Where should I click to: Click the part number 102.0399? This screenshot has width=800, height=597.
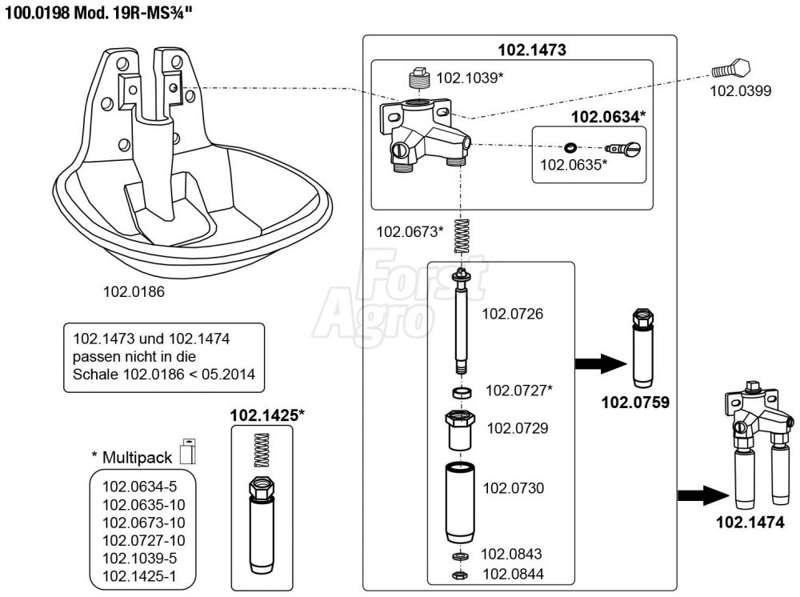click(x=741, y=91)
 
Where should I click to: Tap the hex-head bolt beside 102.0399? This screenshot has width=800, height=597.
click(x=730, y=70)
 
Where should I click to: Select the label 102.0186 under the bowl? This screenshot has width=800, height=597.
click(x=134, y=292)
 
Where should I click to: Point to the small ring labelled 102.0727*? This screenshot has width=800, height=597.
click(x=461, y=393)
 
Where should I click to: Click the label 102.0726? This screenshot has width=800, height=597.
click(x=512, y=315)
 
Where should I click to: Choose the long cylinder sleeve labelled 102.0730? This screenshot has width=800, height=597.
click(x=461, y=500)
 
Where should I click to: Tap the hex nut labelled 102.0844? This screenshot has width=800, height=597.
click(x=461, y=575)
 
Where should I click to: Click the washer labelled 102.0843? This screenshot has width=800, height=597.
click(x=461, y=556)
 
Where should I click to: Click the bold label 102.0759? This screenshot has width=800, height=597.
click(x=635, y=403)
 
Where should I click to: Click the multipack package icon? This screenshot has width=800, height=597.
click(x=189, y=451)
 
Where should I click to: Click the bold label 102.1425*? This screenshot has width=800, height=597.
click(x=268, y=415)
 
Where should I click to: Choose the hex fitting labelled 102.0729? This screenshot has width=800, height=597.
click(x=460, y=430)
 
